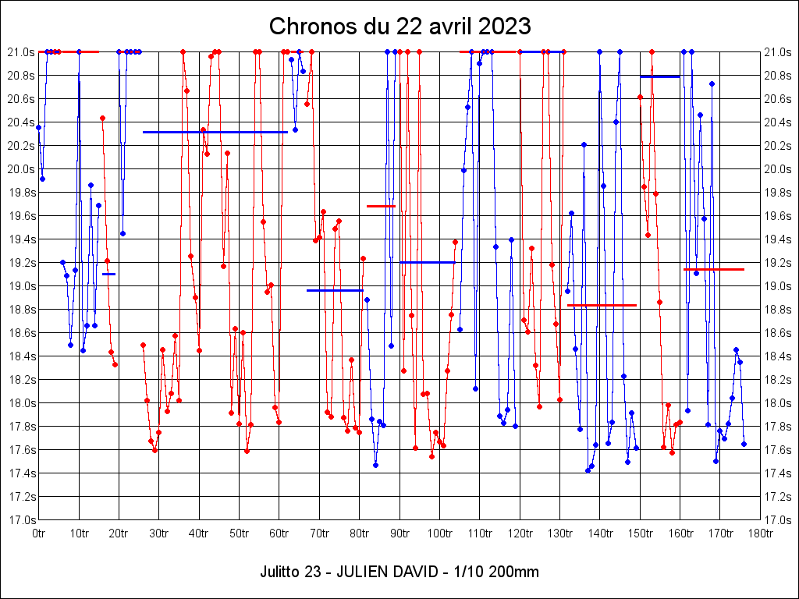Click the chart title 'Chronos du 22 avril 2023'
pyautogui.click(x=399, y=26)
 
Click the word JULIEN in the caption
pyautogui.click(x=360, y=572)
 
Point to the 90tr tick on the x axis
pyautogui.click(x=399, y=533)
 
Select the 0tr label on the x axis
pyautogui.click(x=39, y=533)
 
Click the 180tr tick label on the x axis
pyautogui.click(x=760, y=533)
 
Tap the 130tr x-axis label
pyautogui.click(x=559, y=533)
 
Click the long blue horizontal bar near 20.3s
pyautogui.click(x=215, y=132)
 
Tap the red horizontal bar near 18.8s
pyautogui.click(x=602, y=305)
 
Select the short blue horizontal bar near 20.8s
pyautogui.click(x=659, y=76)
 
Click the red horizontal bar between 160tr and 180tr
pyautogui.click(x=713, y=269)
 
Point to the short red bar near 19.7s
pyautogui.click(x=381, y=206)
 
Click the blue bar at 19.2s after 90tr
pyautogui.click(x=427, y=262)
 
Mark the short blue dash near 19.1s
pyautogui.click(x=108, y=274)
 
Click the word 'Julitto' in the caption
pyautogui.click(x=279, y=572)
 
